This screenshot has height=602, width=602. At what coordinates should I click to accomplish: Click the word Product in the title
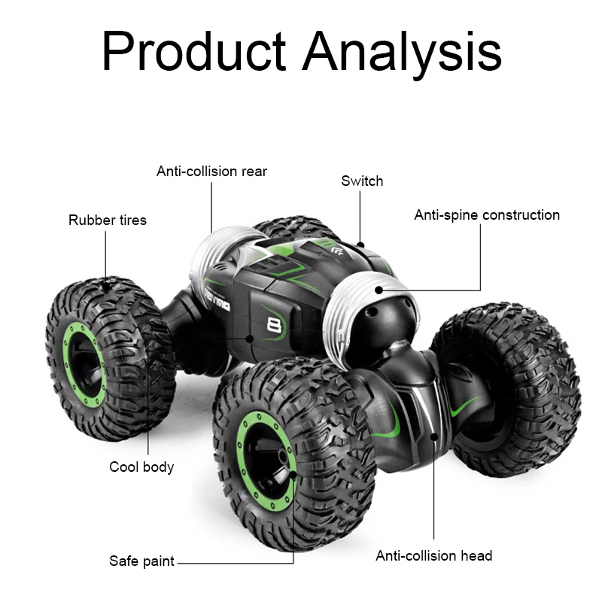(193, 53)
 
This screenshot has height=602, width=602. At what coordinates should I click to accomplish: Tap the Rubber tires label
(108, 220)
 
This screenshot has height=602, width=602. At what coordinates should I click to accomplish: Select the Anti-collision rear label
(211, 171)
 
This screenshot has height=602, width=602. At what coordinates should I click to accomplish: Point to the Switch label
(362, 181)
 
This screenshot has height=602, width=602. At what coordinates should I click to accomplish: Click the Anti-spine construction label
(487, 215)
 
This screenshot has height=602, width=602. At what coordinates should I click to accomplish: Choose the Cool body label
(141, 467)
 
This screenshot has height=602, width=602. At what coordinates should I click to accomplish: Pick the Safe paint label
(141, 561)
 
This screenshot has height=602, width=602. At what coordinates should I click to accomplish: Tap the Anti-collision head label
(434, 556)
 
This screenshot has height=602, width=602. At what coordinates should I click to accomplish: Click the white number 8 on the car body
(274, 325)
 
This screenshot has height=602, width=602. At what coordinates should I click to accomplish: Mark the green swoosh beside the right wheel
(467, 410)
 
